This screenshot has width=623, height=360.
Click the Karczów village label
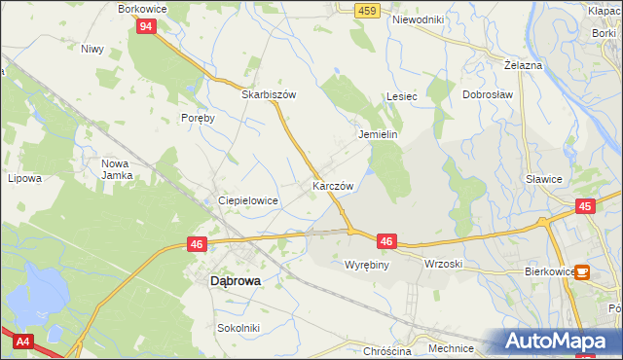click(x=332, y=185)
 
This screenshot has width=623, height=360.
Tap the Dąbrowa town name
click(x=236, y=280)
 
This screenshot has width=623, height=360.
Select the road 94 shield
click(x=144, y=26)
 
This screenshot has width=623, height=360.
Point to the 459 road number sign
click(x=366, y=10)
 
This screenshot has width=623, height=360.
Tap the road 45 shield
click(x=584, y=206)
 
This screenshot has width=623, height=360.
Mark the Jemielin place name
click(x=379, y=134)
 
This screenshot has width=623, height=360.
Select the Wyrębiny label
click(x=367, y=264)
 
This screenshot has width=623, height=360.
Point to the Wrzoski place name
click(x=443, y=264)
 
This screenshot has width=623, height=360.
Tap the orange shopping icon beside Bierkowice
click(x=581, y=273)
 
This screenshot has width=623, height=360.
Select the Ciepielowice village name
click(x=248, y=199)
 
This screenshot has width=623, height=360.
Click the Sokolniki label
click(x=238, y=328)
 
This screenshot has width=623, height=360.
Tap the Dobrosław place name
click(x=488, y=95)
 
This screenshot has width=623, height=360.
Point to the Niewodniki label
click(x=418, y=19)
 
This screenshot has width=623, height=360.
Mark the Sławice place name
click(x=544, y=178)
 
